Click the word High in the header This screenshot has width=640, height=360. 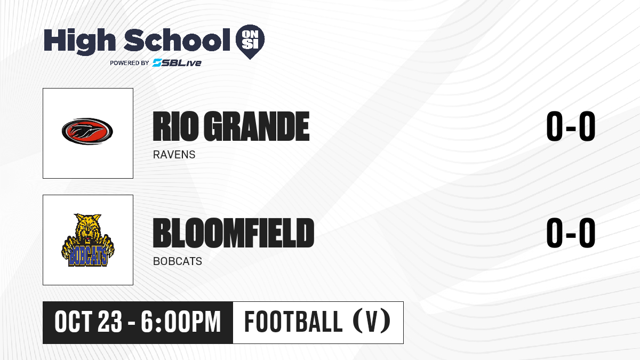[x=79, y=41]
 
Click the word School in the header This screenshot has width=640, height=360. [x=177, y=39]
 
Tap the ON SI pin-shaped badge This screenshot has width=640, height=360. [x=250, y=42]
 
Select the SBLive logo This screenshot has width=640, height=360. [x=177, y=62]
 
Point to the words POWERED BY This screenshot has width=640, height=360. [x=130, y=63]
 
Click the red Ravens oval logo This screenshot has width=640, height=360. [x=87, y=131]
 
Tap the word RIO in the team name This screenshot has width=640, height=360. [x=175, y=126]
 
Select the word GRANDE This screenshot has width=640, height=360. [x=257, y=126]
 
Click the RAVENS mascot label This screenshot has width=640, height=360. [x=174, y=155]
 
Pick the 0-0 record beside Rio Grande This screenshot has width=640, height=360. [x=571, y=126]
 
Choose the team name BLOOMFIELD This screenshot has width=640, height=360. [x=234, y=233]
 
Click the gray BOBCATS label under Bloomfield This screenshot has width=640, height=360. [x=178, y=261]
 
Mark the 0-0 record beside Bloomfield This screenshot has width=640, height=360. [x=571, y=233]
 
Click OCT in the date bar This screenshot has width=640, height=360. [x=73, y=322]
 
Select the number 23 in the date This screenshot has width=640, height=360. [x=110, y=322]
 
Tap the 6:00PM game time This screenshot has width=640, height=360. [x=181, y=322]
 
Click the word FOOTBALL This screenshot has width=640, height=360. [x=293, y=322]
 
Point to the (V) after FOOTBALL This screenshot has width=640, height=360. [x=372, y=322]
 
